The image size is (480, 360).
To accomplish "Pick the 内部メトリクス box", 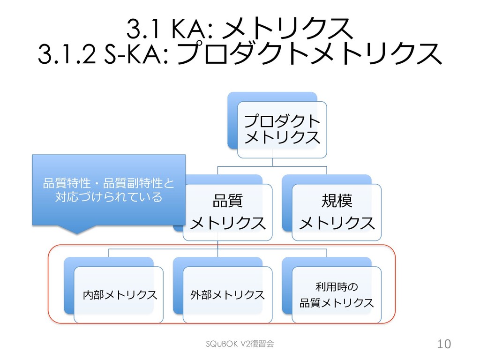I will [119, 295].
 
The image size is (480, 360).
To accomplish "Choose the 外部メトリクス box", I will [227, 295].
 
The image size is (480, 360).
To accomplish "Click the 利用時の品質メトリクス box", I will [337, 295].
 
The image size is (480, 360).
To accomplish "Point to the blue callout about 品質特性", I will [108, 190].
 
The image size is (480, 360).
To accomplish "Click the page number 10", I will [443, 345].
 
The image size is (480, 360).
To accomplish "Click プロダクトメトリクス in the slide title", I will [309, 55].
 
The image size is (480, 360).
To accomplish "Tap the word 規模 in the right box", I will [337, 202].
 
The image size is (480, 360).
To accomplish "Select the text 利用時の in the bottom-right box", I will [337, 286].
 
